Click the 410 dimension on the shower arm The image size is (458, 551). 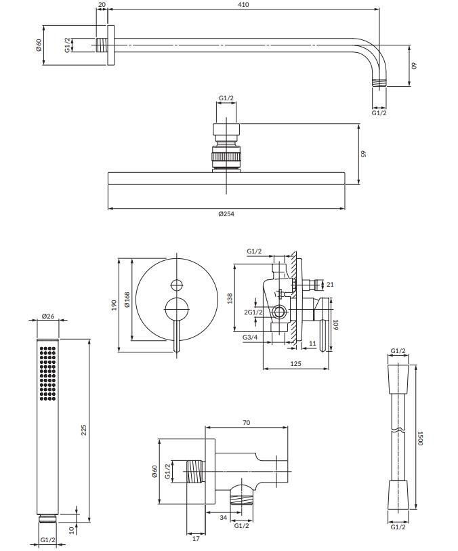(x=243, y=5)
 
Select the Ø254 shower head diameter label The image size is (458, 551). (x=226, y=214)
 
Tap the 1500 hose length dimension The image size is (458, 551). (x=419, y=438)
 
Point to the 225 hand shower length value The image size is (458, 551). (x=83, y=430)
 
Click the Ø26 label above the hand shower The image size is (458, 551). (x=48, y=316)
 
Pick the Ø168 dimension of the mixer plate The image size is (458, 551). (x=127, y=300)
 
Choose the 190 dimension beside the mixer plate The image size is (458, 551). (x=113, y=305)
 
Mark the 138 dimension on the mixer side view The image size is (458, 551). (x=230, y=299)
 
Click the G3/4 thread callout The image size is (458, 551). (x=250, y=338)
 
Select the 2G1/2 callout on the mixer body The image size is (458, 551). (x=253, y=312)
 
